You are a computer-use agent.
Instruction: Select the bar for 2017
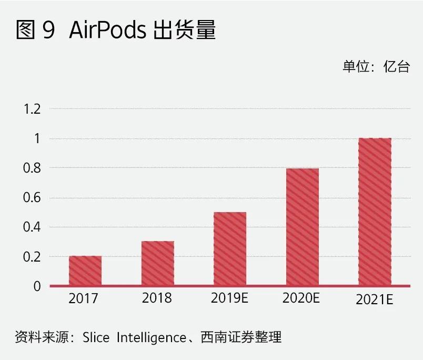[85, 271]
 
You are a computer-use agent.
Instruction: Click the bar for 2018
[157, 263]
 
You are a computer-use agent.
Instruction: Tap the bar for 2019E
[230, 249]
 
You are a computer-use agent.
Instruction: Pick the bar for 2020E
[303, 227]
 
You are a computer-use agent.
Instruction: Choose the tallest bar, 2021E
[375, 212]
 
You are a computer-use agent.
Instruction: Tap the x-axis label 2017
[83, 299]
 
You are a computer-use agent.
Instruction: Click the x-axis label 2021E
[375, 299]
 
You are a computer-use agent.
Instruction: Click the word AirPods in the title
[107, 31]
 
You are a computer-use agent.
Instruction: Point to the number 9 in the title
[48, 31]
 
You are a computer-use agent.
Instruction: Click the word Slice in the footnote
[96, 337]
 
